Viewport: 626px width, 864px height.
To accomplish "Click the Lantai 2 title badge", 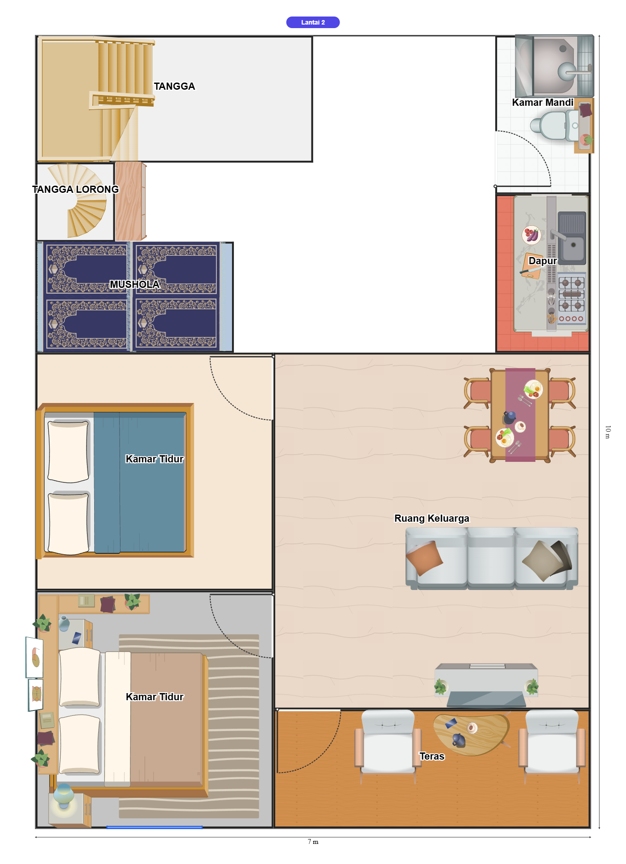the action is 313,22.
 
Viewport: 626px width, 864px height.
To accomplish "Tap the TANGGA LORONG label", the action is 75,189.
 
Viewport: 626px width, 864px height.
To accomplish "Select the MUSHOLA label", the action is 134,284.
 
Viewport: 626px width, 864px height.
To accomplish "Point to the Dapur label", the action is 543,261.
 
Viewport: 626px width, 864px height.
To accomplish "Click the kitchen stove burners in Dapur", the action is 572,294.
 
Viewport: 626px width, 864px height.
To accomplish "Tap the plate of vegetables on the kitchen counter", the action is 531,235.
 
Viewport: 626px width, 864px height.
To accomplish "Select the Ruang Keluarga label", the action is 432,518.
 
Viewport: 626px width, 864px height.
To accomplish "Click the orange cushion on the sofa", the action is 424,557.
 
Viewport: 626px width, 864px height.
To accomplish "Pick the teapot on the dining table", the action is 509,417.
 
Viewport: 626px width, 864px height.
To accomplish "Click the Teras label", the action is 432,756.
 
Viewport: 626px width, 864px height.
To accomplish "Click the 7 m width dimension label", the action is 313,842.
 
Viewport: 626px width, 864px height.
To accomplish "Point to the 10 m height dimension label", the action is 608,432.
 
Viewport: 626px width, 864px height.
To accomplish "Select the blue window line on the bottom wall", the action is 154,827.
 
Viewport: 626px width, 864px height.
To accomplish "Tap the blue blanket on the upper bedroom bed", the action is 139,482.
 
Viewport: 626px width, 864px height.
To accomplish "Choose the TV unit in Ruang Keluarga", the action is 486,685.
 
